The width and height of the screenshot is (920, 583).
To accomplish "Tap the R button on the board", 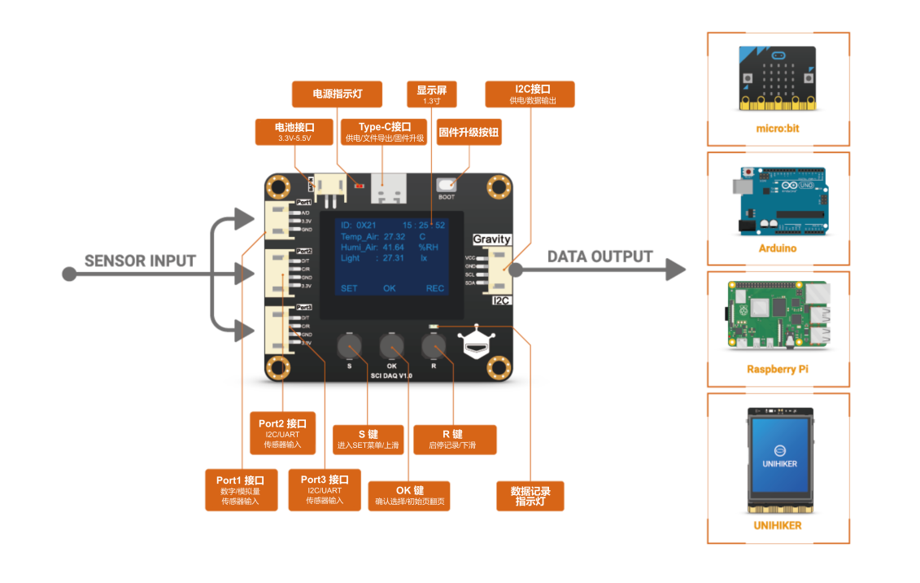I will [x=434, y=348].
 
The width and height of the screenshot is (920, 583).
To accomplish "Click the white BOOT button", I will [x=447, y=186].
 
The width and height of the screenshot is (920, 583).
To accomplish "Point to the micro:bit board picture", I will [x=777, y=78].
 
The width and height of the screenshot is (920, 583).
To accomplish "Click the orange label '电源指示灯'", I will [x=338, y=94].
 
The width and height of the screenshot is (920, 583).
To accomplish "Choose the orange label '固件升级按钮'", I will [x=469, y=133].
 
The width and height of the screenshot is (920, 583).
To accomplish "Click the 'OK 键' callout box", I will [x=410, y=496].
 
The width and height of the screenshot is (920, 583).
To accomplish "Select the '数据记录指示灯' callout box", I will [x=530, y=496].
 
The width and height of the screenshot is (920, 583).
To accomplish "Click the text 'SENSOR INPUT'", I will [x=141, y=261].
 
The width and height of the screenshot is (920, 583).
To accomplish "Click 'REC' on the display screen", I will [x=435, y=288].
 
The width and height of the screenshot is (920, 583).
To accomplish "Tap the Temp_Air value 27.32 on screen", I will [x=395, y=236].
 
